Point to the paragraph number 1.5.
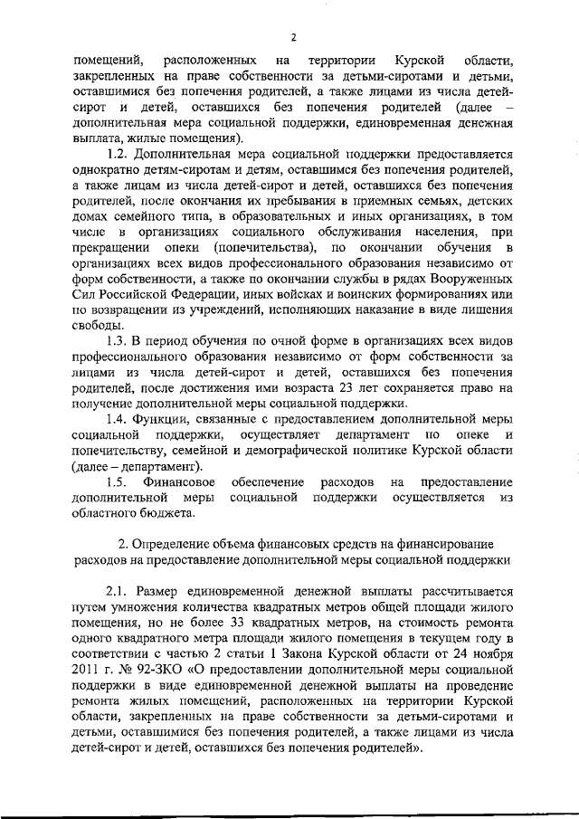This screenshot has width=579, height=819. (119, 482)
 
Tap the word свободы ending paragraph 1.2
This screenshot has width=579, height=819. (98, 325)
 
